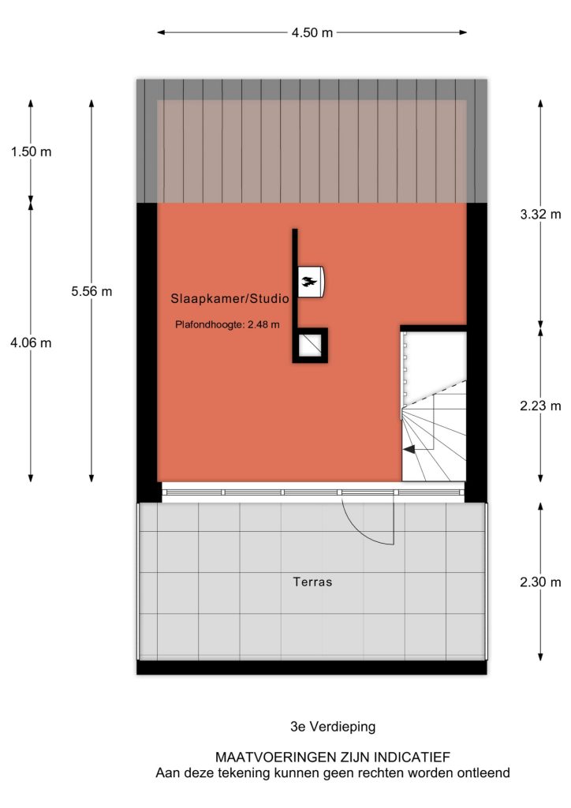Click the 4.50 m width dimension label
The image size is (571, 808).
coord(312,32)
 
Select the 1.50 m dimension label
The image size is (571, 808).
coord(31,151)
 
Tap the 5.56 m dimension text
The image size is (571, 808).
coord(91,291)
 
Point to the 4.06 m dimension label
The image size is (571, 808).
coord(31,342)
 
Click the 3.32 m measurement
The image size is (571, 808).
coord(540,215)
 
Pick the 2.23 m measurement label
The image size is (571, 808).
coord(540,406)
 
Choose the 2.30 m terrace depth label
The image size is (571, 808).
coord(540,582)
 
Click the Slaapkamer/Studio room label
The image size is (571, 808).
coord(230,298)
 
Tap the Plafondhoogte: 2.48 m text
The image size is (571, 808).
coord(227,324)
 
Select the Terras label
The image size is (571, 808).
coord(312,582)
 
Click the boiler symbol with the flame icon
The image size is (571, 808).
coord(311,282)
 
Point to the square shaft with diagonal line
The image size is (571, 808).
coord(310,346)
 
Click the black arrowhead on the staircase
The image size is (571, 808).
coord(409,449)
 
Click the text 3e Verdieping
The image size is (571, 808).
coord(333,727)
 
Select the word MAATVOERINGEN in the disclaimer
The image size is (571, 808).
coord(274,757)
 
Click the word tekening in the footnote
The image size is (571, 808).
coord(245,773)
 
